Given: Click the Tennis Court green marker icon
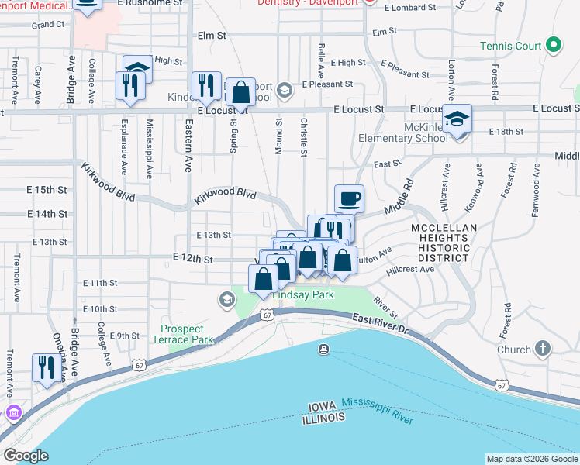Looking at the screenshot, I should [553, 46].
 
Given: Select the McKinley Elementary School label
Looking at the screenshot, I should [402, 132].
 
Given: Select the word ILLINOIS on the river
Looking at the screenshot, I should [324, 418].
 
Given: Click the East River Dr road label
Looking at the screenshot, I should [381, 324].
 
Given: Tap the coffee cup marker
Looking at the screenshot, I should [349, 198].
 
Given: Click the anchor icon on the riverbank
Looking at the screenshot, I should [323, 350].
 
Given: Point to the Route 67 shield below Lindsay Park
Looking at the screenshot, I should [267, 315].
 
